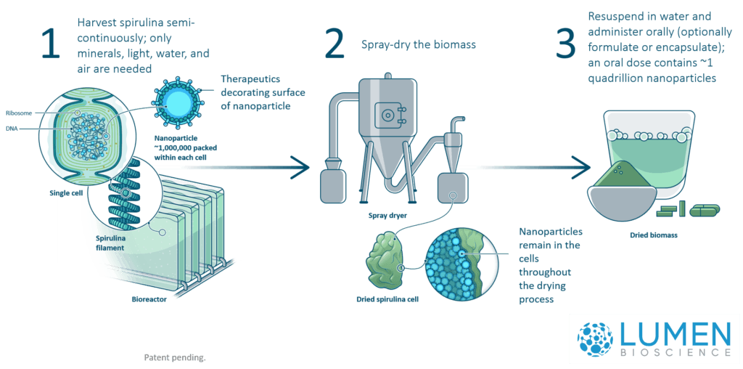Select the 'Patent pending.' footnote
[175, 357]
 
